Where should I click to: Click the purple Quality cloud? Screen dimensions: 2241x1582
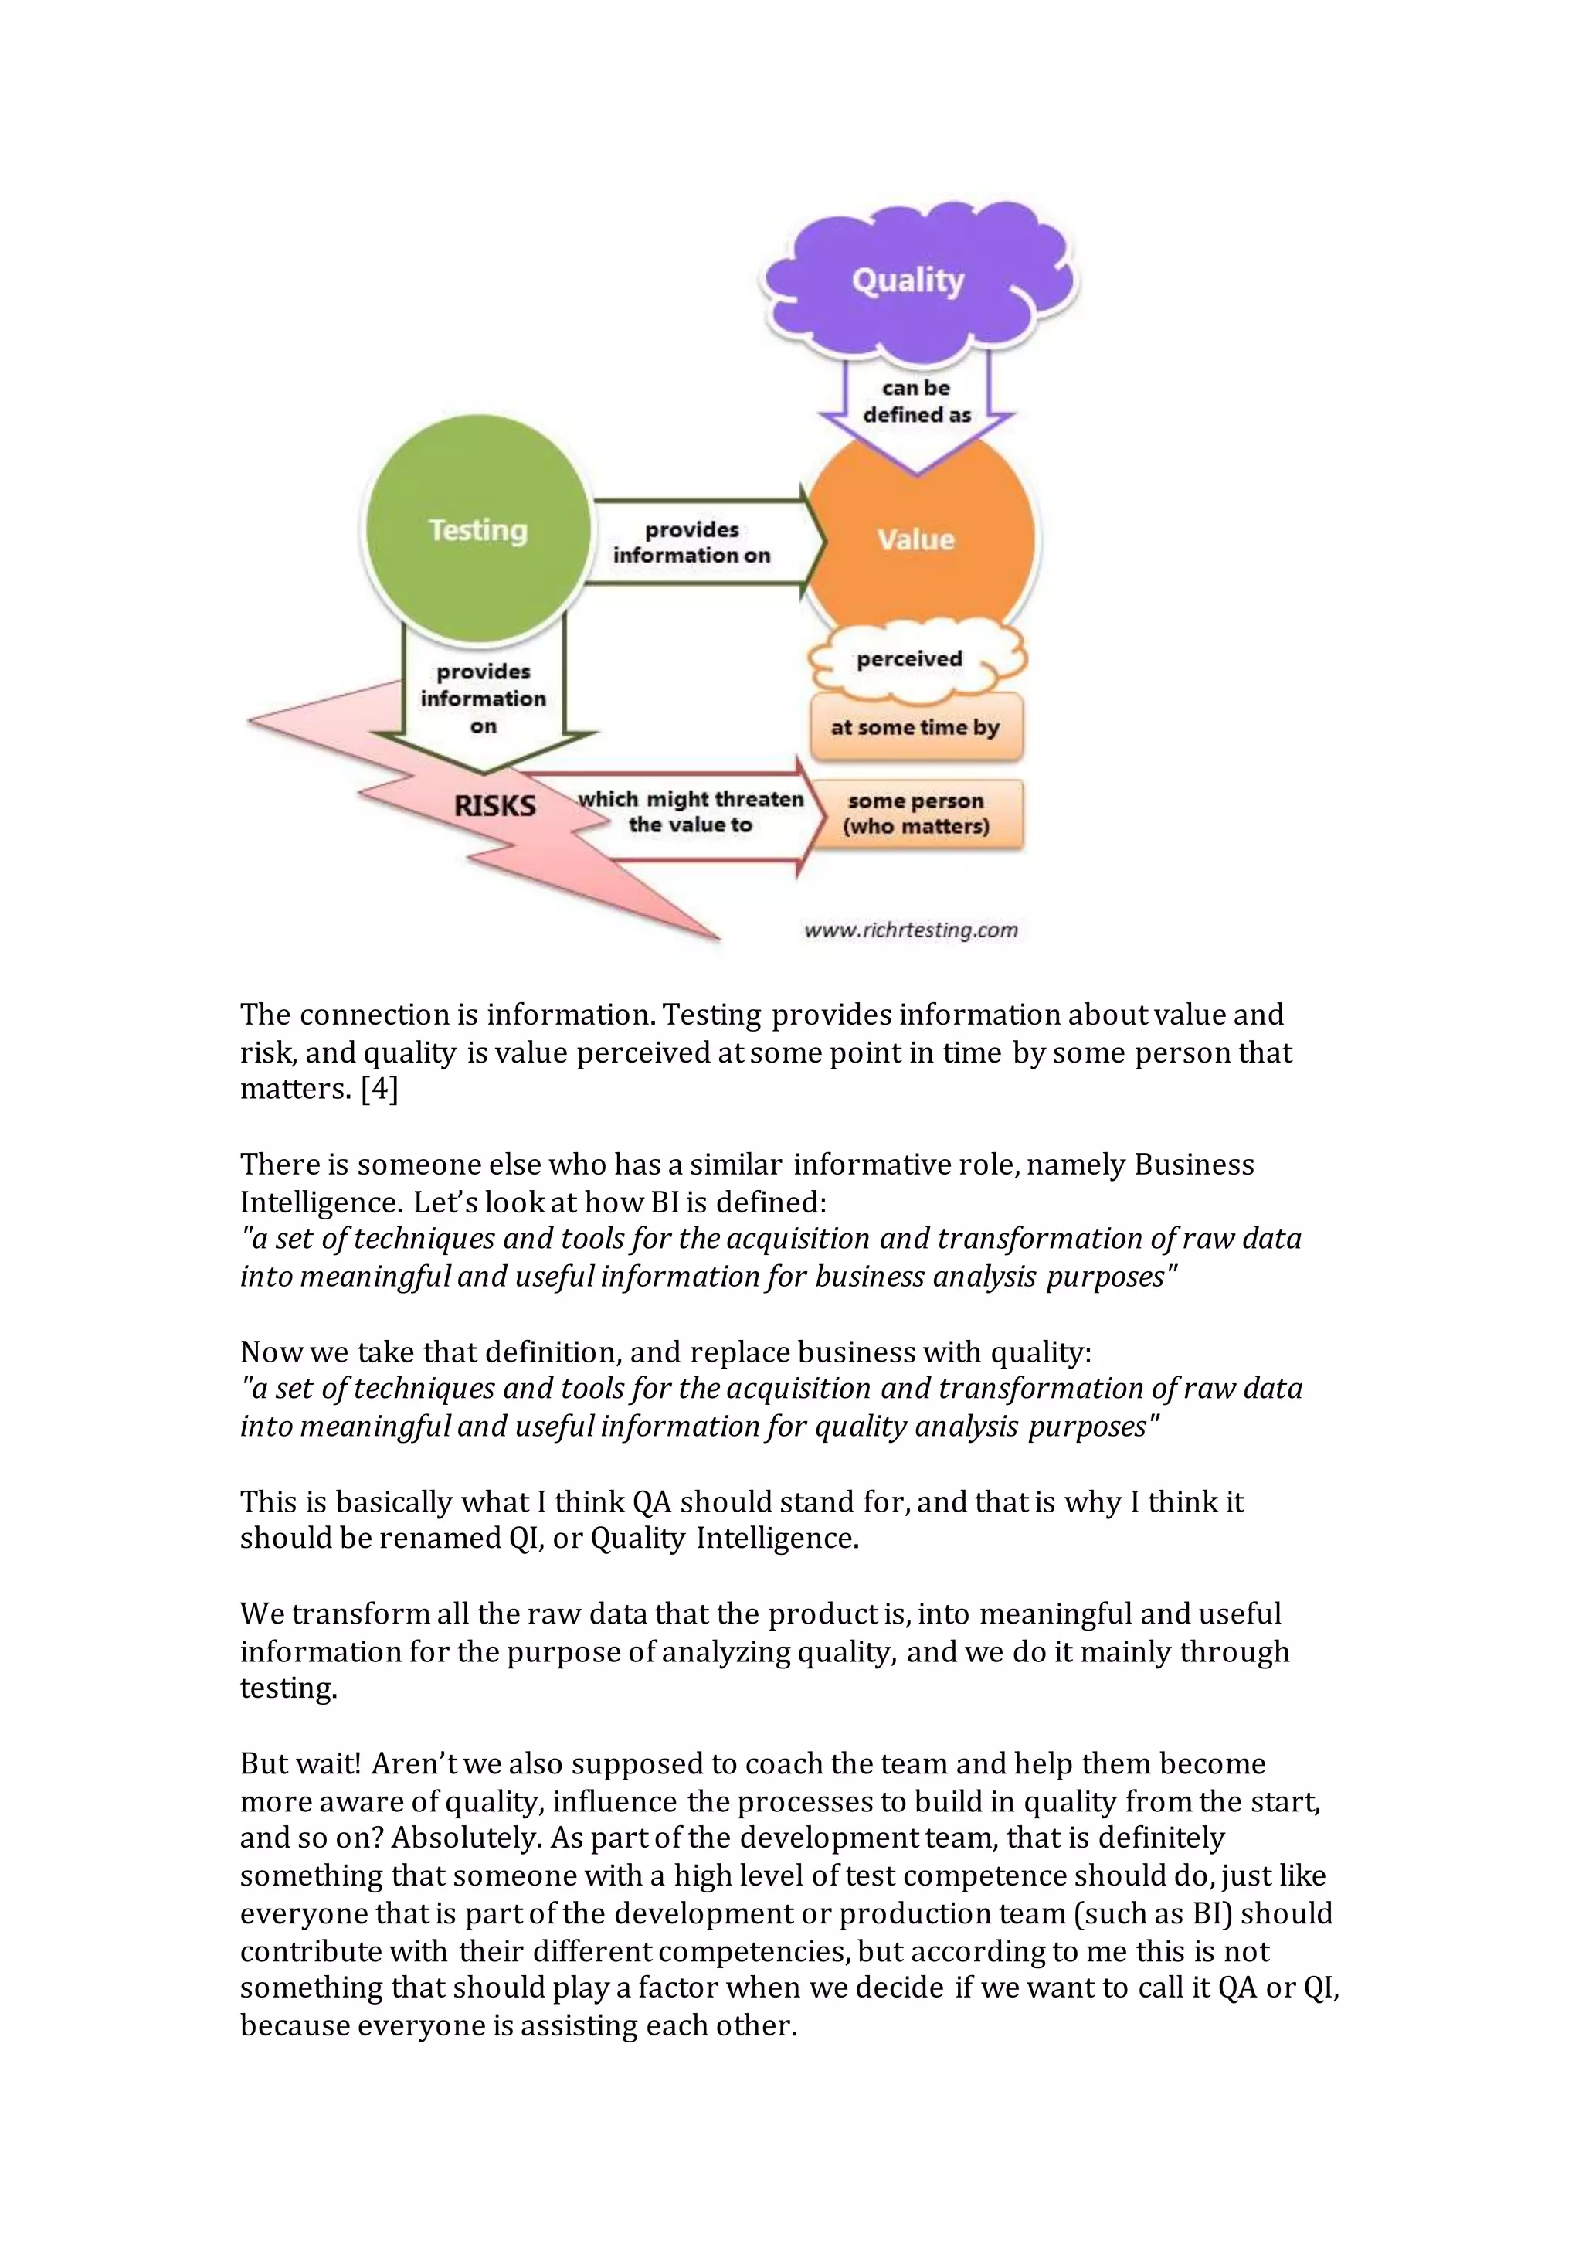(x=908, y=280)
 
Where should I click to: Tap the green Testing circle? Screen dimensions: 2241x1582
(x=478, y=530)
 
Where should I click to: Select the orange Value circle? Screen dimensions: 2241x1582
(x=915, y=539)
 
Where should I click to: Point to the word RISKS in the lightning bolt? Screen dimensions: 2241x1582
(x=495, y=806)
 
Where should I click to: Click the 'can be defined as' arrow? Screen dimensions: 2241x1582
(x=916, y=402)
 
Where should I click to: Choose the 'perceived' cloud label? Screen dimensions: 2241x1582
(x=910, y=660)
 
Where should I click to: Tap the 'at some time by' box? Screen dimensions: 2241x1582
(x=915, y=727)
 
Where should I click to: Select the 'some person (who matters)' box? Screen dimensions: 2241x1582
(x=916, y=813)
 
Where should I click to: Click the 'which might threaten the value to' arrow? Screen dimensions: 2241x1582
(x=690, y=812)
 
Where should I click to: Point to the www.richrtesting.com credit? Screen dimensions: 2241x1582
(x=911, y=930)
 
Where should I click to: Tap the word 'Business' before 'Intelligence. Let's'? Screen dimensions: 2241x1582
(x=1193, y=1165)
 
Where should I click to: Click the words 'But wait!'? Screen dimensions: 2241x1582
(x=300, y=1763)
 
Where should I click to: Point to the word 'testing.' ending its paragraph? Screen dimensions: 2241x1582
(x=289, y=1688)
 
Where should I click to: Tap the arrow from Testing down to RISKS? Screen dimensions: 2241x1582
(x=483, y=699)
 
